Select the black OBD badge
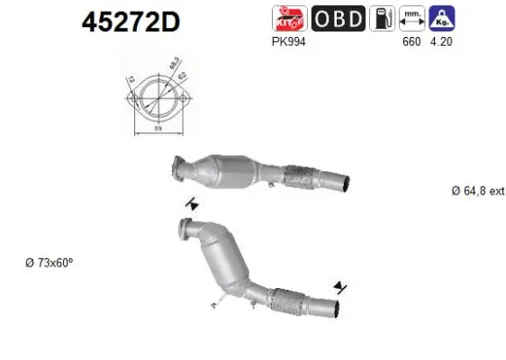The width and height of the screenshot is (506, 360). tap(338, 17)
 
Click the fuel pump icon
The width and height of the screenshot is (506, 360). tap(382, 17)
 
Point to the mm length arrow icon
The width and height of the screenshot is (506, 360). tap(411, 17)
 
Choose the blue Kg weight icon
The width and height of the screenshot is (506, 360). tap(441, 17)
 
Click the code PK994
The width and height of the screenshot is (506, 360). tap(283, 40)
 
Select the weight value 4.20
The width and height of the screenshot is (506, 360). tap(441, 40)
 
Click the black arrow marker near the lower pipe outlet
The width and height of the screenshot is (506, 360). tap(339, 287)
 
